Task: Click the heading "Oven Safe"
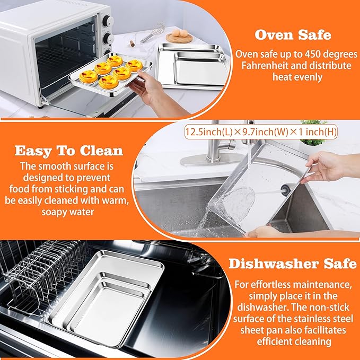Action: click(x=293, y=35)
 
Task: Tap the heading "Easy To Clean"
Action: click(x=69, y=151)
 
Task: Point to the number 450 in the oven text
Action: click(x=318, y=54)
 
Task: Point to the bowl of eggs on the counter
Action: click(x=179, y=35)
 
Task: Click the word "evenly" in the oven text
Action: click(x=314, y=77)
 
